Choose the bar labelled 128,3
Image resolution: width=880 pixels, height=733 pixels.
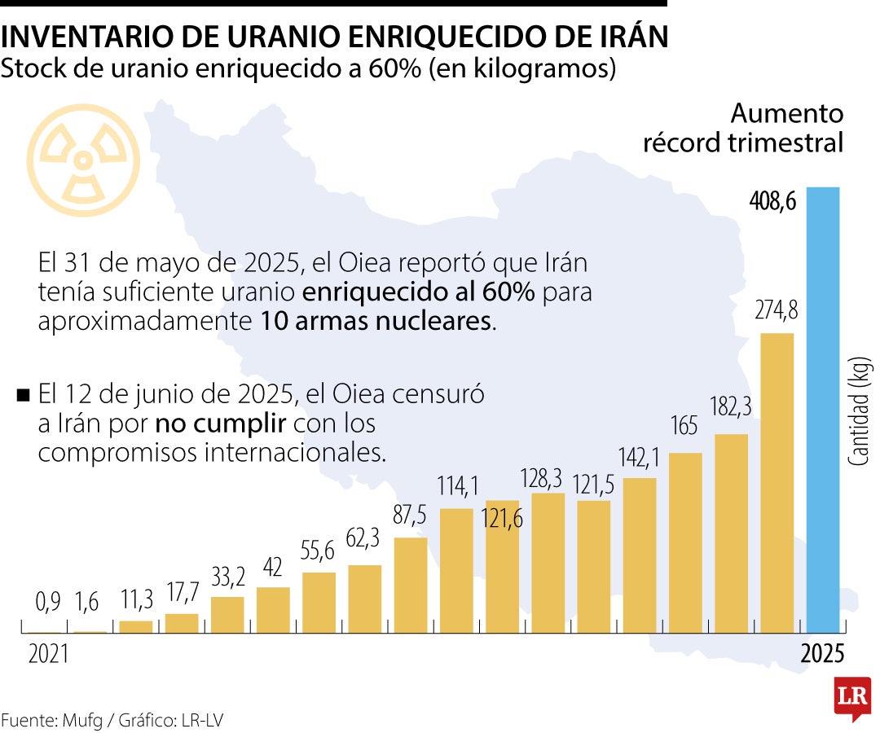548,563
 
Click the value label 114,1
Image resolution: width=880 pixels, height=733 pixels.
457,487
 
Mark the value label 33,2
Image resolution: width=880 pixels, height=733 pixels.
227,577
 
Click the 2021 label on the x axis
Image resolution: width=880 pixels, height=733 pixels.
48,655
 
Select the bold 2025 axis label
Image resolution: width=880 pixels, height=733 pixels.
822,655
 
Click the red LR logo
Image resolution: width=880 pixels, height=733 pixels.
852,698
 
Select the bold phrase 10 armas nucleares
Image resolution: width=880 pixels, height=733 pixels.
376,321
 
